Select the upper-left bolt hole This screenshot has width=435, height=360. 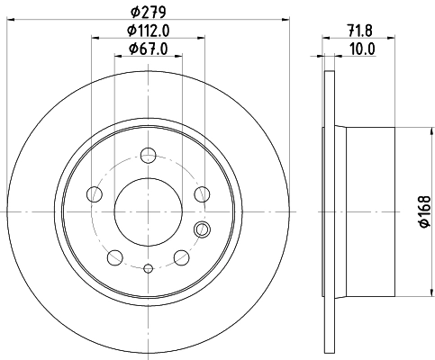[x=94, y=193]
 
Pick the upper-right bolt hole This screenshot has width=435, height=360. [x=202, y=193]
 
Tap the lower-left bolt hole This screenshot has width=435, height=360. [x=113, y=257]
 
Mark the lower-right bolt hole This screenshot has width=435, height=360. [x=182, y=257]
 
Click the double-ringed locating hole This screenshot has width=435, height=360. [x=203, y=229]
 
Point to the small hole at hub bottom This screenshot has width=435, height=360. [x=148, y=267]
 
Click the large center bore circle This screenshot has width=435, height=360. [x=148, y=212]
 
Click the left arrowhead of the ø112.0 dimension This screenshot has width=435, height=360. [x=95, y=38]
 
